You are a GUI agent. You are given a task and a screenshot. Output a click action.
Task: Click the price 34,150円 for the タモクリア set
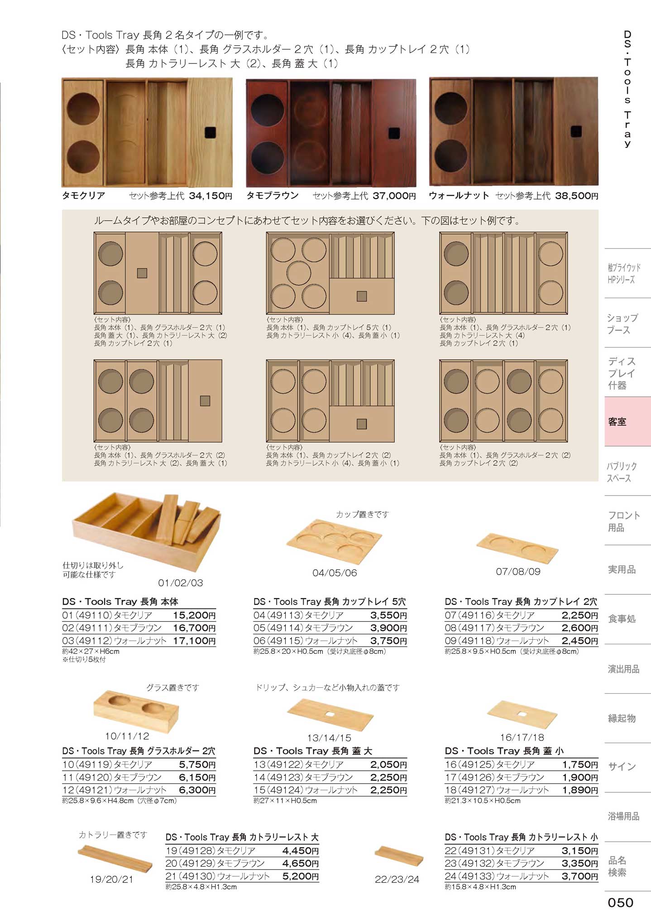[x=211, y=196]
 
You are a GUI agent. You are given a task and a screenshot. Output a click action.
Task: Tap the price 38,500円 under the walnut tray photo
[x=576, y=196]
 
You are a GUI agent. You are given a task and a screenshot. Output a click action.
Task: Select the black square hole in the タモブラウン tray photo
[x=394, y=133]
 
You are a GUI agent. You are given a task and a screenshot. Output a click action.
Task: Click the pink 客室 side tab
[x=627, y=422]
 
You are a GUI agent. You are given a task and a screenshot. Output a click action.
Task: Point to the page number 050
[x=620, y=903]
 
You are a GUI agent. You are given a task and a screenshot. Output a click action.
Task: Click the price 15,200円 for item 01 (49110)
[x=194, y=615]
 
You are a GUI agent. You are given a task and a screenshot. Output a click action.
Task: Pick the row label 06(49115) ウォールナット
[x=306, y=641]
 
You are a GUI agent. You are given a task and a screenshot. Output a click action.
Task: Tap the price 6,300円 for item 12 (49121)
[x=197, y=790]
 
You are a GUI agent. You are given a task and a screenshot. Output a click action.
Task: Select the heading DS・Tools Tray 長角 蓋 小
[x=504, y=751]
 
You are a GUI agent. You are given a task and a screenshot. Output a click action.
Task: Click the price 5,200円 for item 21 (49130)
[x=301, y=876]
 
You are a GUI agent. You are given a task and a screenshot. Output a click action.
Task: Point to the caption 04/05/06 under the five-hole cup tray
[x=335, y=573]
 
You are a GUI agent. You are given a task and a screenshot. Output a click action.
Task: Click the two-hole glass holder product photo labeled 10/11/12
[x=136, y=710]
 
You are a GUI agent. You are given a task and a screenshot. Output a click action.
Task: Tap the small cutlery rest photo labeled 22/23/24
[x=399, y=855]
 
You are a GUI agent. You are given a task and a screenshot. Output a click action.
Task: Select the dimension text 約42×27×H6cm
[x=91, y=651]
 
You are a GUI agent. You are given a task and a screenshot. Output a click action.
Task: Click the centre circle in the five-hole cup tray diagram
[x=299, y=273]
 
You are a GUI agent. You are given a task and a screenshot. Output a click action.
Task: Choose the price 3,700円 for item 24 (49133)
[x=580, y=876]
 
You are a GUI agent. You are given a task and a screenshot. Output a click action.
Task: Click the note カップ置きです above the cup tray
[x=362, y=514]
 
